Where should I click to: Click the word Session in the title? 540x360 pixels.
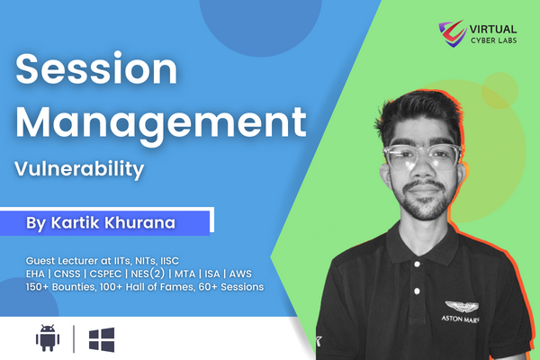point(96,68)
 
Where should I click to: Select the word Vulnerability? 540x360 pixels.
point(79,169)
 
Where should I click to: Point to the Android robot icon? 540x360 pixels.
point(48,338)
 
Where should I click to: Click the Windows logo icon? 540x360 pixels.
point(102,339)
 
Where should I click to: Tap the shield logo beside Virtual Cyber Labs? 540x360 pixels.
point(452,33)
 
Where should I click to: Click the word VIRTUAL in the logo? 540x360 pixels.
point(493,29)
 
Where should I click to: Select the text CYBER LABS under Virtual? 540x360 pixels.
point(494,40)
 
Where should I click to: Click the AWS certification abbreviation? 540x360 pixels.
point(240,274)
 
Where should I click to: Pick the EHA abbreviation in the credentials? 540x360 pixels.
point(35,274)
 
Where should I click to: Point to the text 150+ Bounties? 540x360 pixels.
point(60,287)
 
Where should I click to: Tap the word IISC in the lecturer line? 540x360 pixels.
point(169,261)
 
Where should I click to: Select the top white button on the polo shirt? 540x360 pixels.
point(418,265)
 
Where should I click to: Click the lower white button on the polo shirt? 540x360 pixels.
point(417,292)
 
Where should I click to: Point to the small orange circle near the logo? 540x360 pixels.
point(499,91)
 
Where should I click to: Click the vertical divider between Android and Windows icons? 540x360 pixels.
point(74,339)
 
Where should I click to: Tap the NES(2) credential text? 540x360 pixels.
point(148,274)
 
